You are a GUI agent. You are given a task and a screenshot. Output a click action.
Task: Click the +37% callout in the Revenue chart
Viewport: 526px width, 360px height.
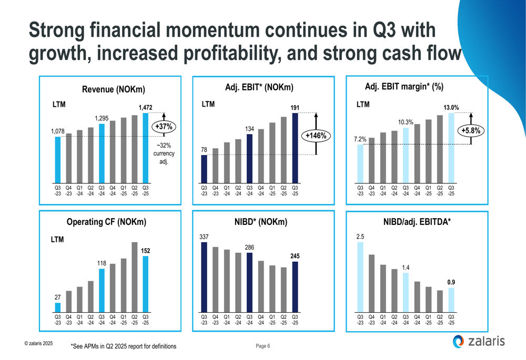click(164, 127)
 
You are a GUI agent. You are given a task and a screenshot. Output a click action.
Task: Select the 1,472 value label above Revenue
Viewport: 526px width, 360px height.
click(146, 107)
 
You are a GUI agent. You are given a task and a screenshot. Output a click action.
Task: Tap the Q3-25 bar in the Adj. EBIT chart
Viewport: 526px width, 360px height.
click(295, 147)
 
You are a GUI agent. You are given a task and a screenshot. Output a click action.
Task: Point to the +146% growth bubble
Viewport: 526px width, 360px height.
click(316, 136)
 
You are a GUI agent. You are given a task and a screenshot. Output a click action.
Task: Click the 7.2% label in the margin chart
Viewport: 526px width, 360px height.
click(360, 139)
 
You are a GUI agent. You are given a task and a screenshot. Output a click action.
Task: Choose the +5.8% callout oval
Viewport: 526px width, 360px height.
click(471, 131)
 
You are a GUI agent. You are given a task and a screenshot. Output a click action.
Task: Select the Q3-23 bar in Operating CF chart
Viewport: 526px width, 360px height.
click(58, 307)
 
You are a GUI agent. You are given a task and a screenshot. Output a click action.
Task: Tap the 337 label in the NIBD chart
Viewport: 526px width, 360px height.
click(204, 237)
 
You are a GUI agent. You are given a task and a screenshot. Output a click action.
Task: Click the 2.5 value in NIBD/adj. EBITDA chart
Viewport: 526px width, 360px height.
click(360, 237)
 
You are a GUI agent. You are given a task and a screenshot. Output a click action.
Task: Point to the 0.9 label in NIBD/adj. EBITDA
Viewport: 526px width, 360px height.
click(451, 283)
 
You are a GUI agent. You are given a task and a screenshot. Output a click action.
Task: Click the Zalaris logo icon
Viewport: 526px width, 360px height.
click(459, 342)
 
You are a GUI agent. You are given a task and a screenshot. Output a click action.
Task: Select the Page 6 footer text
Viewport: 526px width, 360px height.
click(263, 346)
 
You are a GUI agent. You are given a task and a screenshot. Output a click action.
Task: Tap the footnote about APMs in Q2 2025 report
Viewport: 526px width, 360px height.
click(124, 347)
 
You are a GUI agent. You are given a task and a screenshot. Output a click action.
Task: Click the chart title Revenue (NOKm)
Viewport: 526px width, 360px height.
click(114, 90)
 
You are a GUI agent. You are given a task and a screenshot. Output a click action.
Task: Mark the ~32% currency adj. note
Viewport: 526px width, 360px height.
click(164, 153)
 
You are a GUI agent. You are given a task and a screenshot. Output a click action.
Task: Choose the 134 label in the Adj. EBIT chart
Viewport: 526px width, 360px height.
click(250, 129)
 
